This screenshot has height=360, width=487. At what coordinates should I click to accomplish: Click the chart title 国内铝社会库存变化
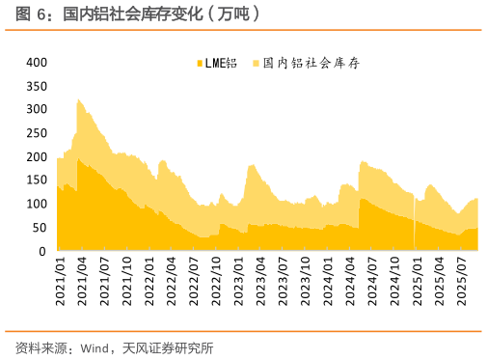pyautogui.click(x=159, y=14)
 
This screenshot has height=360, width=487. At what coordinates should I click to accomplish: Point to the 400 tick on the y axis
pyautogui.click(x=37, y=62)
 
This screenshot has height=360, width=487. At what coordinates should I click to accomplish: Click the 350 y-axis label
pyautogui.click(x=37, y=86)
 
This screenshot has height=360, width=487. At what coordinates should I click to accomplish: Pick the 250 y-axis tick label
pyautogui.click(x=37, y=133)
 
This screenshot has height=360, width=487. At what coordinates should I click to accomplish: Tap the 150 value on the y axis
pyautogui.click(x=37, y=180)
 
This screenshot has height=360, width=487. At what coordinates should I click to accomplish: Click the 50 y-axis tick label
pyautogui.click(x=40, y=228)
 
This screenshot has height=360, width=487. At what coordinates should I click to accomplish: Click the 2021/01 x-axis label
pyautogui.click(x=60, y=281)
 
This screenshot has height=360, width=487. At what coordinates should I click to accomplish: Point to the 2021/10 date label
pyautogui.click(x=128, y=281)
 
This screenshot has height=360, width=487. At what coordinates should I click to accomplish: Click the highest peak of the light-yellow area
pyautogui.click(x=77, y=98)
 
